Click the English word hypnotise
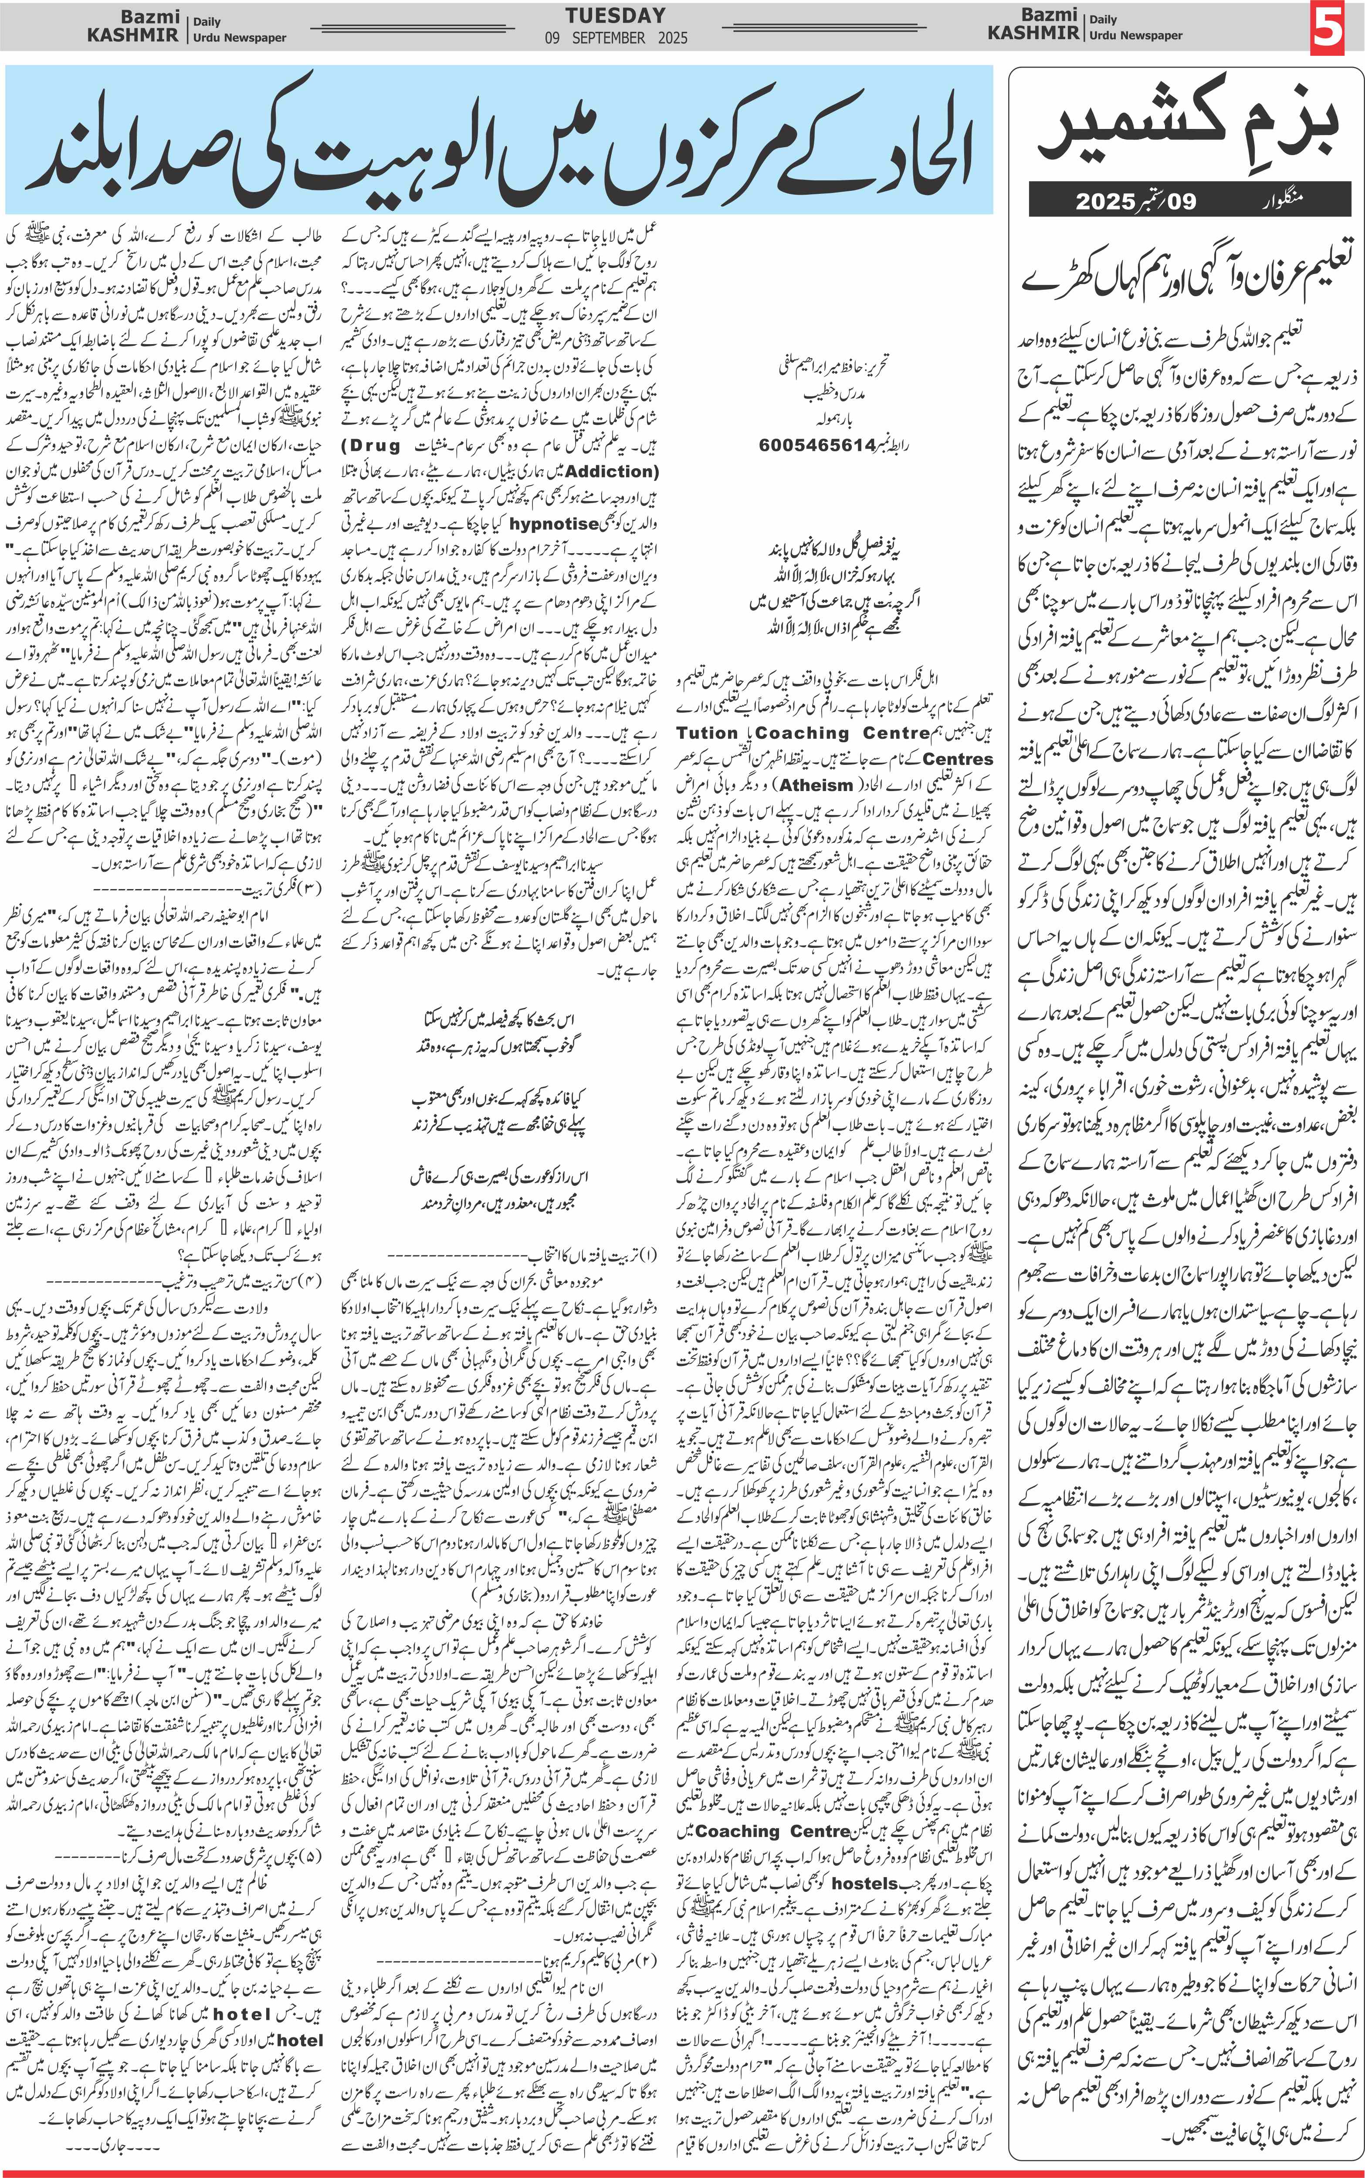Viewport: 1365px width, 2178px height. pos(554,524)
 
